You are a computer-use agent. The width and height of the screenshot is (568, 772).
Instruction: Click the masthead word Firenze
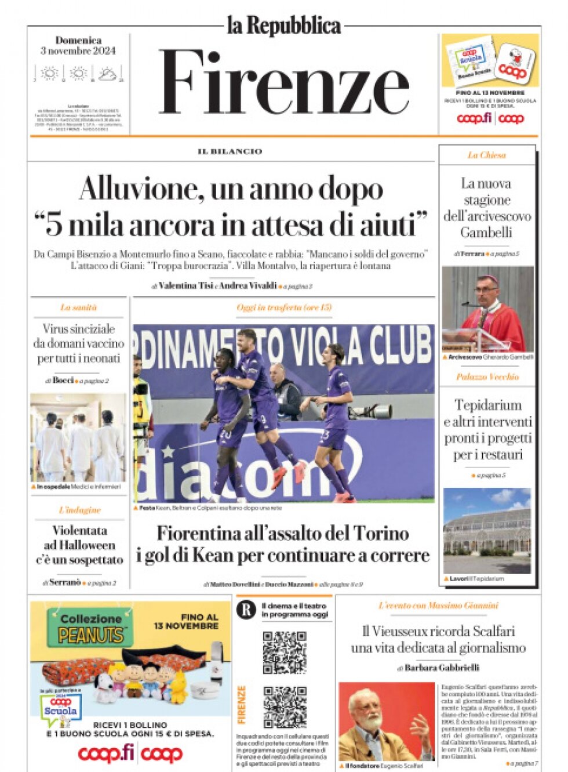coord(284,83)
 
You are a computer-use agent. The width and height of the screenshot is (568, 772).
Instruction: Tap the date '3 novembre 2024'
coord(78,51)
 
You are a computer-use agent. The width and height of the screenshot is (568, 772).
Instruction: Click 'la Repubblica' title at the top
coord(283,26)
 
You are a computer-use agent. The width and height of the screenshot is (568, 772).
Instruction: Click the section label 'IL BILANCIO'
coord(230,151)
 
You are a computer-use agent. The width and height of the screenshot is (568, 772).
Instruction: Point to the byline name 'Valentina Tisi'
coord(185,286)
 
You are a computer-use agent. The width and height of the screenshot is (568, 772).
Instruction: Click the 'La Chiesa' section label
coord(487,155)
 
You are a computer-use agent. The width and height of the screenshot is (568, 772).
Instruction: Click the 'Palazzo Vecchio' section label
coord(487,377)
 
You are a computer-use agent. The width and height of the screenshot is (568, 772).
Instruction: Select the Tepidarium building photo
coord(487,531)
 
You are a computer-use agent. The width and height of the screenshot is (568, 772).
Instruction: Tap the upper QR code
coord(284,652)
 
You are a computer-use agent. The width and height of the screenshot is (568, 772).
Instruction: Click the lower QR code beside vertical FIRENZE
coord(285,706)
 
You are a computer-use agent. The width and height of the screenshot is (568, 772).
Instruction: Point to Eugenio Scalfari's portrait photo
coord(385,722)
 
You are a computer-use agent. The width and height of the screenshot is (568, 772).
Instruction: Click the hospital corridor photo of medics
coord(78,437)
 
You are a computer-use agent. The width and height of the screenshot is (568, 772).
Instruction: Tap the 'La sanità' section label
coord(78,307)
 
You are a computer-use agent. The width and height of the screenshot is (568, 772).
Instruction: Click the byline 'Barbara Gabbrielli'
coord(442,668)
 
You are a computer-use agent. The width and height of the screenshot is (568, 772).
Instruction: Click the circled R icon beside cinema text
coord(246,610)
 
